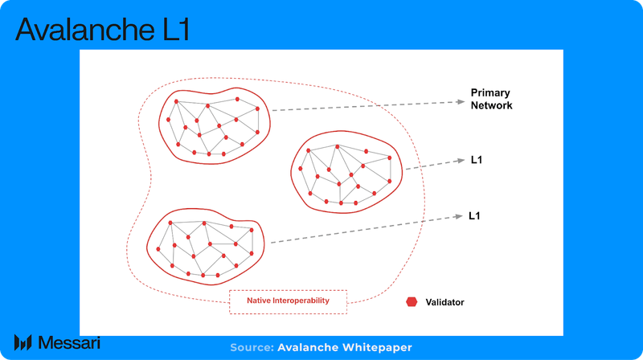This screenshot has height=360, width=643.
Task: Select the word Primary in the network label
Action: pyautogui.click(x=489, y=92)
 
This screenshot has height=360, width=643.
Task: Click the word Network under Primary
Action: pyautogui.click(x=491, y=105)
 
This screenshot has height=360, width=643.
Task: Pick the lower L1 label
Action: pyautogui.click(x=474, y=216)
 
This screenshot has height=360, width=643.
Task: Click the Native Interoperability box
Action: pyautogui.click(x=288, y=301)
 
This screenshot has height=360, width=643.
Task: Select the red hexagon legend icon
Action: pyautogui.click(x=412, y=302)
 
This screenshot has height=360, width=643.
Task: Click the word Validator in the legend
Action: pyautogui.click(x=446, y=302)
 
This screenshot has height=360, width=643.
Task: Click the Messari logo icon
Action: pyautogui.click(x=23, y=342)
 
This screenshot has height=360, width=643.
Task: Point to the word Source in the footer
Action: pyautogui.click(x=251, y=347)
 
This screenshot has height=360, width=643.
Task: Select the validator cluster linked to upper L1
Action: pyautogui.click(x=343, y=173)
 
